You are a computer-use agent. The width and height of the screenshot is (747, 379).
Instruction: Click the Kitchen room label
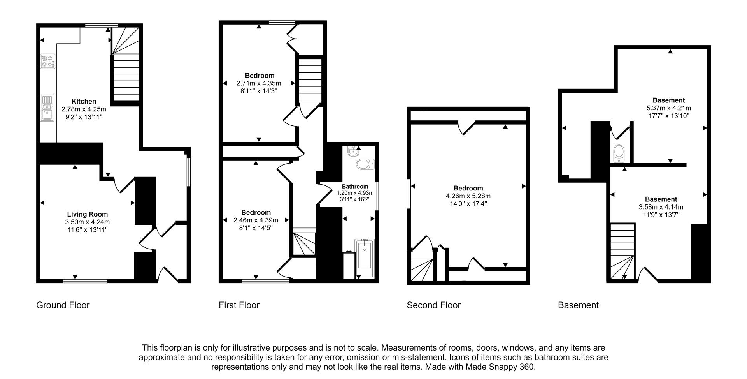84,102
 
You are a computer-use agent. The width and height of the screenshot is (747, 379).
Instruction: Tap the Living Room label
87,214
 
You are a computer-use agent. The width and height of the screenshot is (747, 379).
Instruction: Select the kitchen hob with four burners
48,61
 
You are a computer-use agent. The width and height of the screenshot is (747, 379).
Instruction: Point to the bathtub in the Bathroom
365,255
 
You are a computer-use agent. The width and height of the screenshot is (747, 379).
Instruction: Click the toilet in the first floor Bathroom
365,164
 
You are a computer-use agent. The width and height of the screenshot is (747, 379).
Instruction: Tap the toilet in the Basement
618,153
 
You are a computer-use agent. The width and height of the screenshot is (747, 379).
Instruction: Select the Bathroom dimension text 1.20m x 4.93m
355,193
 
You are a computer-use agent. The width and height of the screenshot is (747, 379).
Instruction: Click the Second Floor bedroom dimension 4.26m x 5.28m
468,196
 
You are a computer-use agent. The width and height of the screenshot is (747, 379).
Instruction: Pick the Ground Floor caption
63,305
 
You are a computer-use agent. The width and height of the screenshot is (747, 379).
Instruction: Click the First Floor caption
239,305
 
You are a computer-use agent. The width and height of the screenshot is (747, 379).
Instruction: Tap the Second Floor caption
433,305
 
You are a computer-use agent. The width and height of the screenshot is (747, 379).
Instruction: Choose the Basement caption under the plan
578,305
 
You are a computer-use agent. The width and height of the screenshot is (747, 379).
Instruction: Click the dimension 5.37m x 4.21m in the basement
668,108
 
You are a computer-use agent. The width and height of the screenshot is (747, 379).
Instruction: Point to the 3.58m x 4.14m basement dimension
661,207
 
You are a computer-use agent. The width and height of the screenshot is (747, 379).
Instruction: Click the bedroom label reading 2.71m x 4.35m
259,83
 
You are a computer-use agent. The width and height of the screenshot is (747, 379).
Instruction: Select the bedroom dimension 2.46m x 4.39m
256,220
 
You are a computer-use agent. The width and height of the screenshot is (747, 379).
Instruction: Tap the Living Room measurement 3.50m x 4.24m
87,222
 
